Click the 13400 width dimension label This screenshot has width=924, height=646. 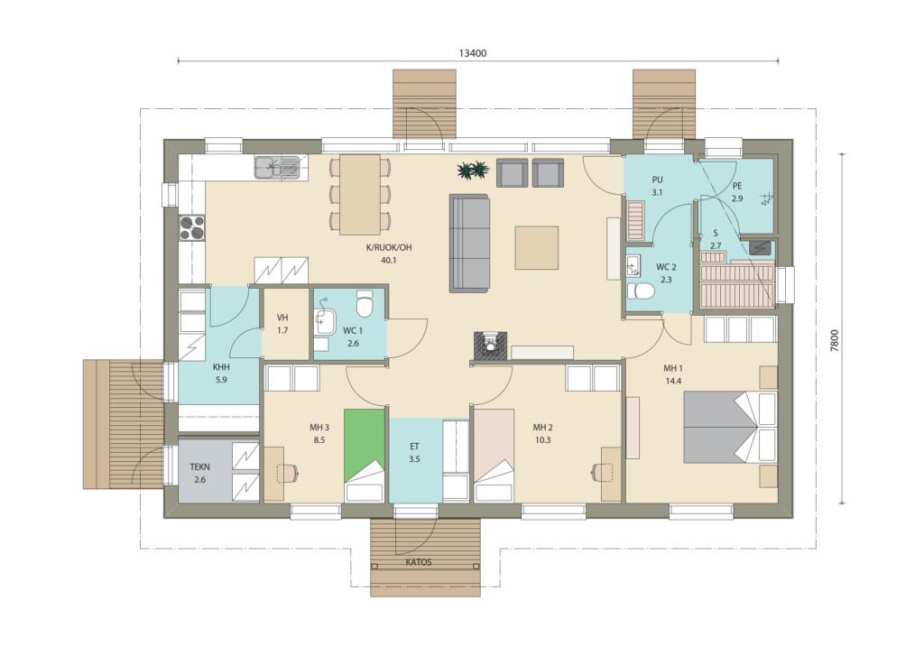coord(473,53)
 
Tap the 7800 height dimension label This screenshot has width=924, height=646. coord(833,340)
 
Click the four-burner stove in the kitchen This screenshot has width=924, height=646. coord(192,228)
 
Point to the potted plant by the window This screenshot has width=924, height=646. coord(473,171)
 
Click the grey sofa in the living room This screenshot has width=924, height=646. coord(469,244)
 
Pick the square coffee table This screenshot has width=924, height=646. coord(536,247)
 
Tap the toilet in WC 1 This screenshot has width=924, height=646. coord(365,303)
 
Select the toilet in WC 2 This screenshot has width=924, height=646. coord(641,291)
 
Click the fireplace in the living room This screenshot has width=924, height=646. coord(490,345)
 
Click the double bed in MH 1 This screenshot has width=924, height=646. coord(730,427)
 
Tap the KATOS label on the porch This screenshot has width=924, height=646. coord(419,562)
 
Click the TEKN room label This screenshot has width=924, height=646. coord(199,466)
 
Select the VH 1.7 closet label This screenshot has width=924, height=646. coord(282,324)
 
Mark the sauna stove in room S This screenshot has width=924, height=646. coord(760,247)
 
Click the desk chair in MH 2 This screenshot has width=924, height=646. coord(599,470)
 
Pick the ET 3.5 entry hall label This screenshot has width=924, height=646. coord(414,453)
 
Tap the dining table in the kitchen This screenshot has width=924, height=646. coord(359,194)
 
